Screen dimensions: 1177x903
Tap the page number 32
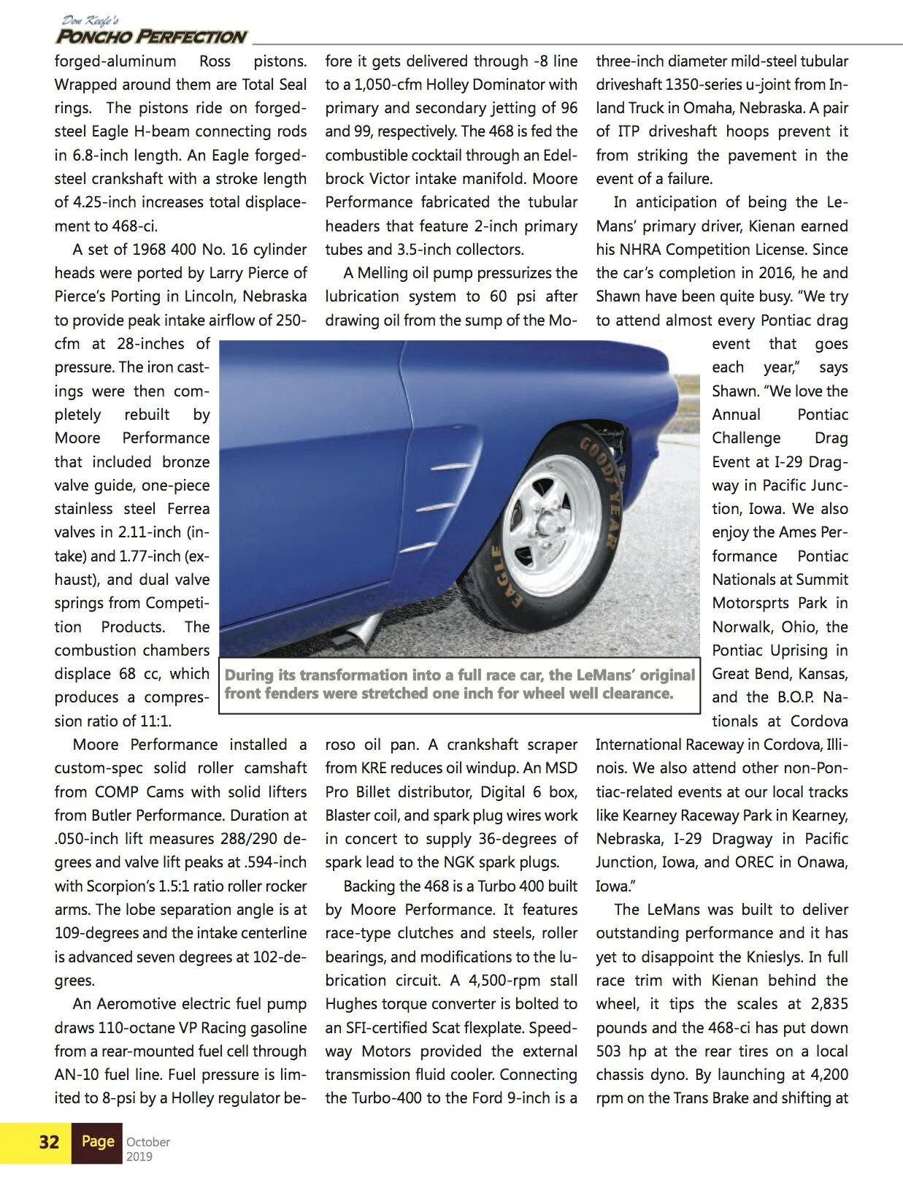49,1142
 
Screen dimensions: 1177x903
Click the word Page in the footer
98,1141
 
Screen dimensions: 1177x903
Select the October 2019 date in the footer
147,1149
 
